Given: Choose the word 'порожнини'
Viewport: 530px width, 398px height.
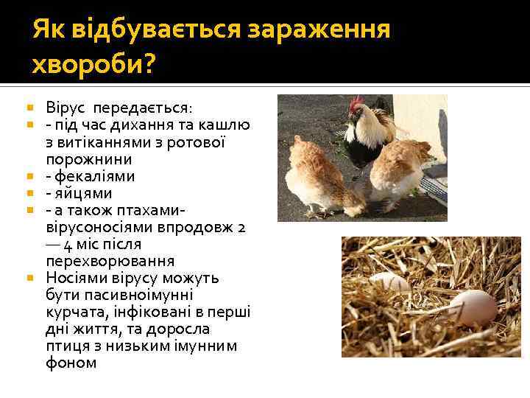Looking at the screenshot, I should pyautogui.click(x=88, y=159).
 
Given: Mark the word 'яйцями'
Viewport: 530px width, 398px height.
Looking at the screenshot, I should pyautogui.click(x=82, y=193).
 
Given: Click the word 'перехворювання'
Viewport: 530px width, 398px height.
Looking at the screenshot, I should pyautogui.click(x=110, y=261).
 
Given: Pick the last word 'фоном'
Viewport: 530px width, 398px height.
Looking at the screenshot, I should pyautogui.click(x=71, y=363).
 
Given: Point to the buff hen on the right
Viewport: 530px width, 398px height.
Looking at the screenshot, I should pyautogui.click(x=401, y=170).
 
